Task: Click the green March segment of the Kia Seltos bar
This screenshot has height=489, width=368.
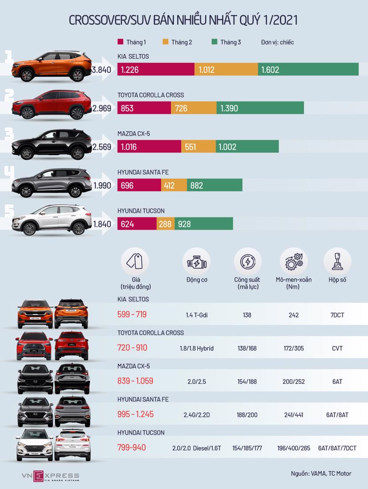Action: click(x=308, y=69)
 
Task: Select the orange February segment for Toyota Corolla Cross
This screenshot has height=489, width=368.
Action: click(x=194, y=108)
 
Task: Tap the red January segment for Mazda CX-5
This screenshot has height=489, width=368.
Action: click(x=149, y=147)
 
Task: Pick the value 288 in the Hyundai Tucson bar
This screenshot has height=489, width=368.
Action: click(x=165, y=224)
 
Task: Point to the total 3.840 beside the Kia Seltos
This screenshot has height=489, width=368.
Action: click(x=101, y=70)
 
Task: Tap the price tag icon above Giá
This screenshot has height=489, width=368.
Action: click(x=135, y=262)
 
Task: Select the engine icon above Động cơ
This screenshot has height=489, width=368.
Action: click(x=196, y=262)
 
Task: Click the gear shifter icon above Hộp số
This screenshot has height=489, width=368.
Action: click(x=337, y=262)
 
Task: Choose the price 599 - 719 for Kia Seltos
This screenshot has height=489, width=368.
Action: click(x=132, y=315)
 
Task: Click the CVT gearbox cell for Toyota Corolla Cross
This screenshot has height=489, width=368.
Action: click(x=337, y=348)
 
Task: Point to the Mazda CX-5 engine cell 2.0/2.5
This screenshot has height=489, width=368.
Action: click(x=196, y=381)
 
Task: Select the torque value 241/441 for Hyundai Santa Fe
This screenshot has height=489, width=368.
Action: click(x=293, y=415)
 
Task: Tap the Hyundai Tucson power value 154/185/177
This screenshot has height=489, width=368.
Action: click(x=247, y=448)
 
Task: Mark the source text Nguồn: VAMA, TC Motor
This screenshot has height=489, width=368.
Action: click(x=318, y=473)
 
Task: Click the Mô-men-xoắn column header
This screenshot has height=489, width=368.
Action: click(x=293, y=283)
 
